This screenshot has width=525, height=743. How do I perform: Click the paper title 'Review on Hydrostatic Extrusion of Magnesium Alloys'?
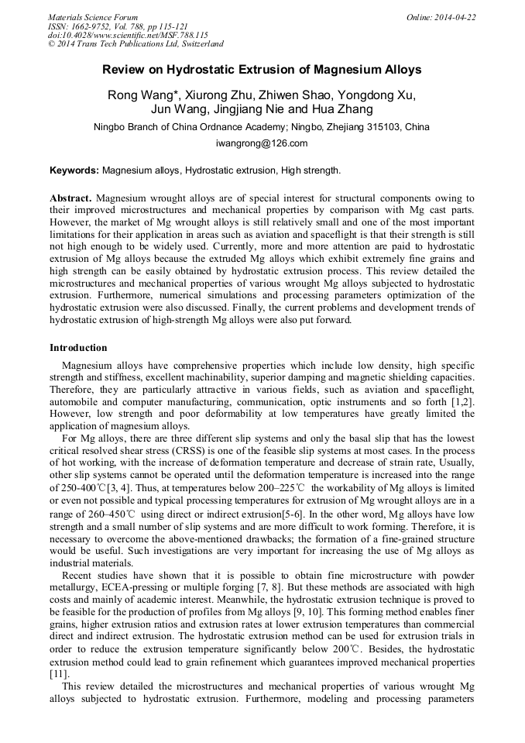(x=262, y=70)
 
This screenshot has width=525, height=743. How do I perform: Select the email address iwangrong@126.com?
(x=262, y=143)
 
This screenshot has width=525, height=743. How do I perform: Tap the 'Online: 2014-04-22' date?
(x=441, y=17)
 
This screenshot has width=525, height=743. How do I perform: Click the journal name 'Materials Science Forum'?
(x=93, y=17)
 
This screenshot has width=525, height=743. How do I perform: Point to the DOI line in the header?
(x=128, y=35)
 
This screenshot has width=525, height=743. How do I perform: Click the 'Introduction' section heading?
(x=78, y=348)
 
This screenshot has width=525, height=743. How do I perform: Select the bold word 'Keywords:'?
(x=74, y=170)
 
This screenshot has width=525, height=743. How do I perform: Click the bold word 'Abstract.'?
(x=71, y=198)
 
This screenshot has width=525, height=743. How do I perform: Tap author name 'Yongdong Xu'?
(x=378, y=95)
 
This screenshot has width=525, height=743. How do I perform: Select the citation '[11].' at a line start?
(x=60, y=675)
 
